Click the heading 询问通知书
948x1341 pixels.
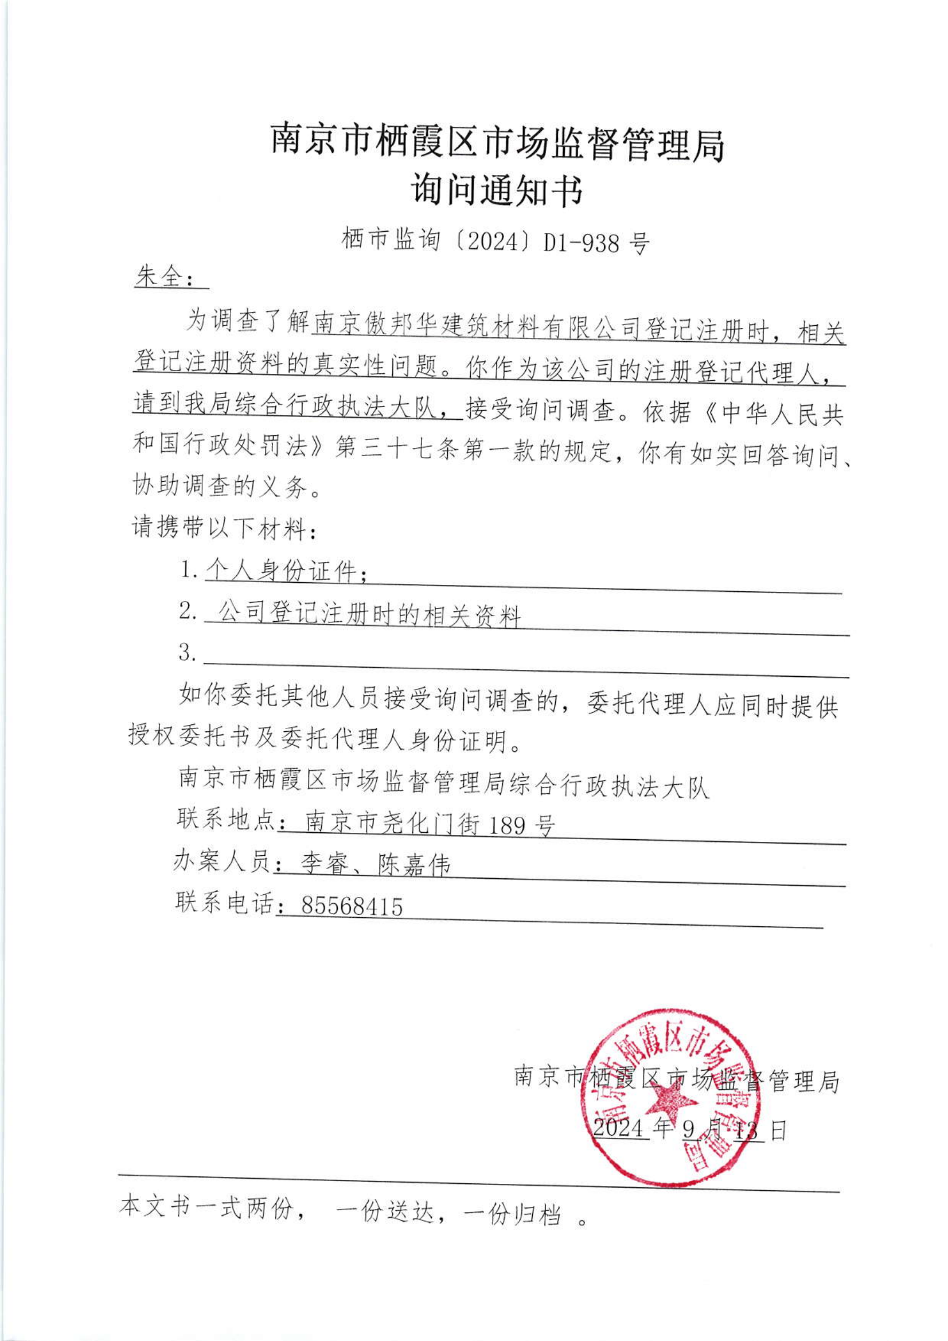[498, 190]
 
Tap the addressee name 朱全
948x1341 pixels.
[157, 277]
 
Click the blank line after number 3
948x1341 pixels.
[526, 656]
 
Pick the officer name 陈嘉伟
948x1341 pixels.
[415, 865]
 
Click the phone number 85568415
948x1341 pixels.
[352, 906]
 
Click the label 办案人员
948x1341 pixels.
[222, 862]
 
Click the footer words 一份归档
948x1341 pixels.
[514, 1214]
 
